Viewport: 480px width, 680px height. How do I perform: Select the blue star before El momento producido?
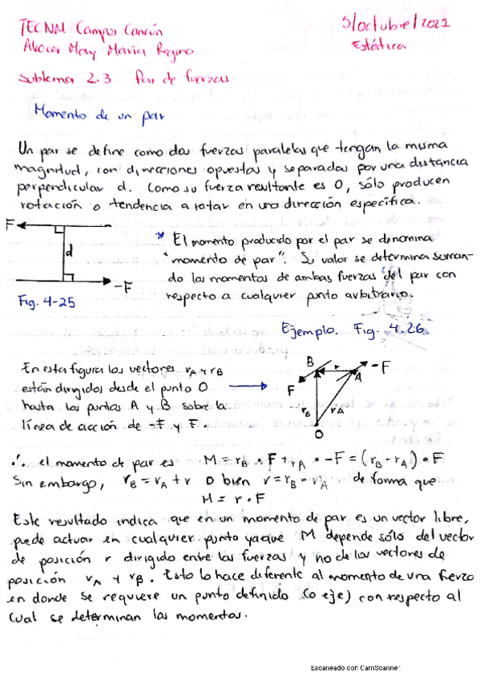(161, 237)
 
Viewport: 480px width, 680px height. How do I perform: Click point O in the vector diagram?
(319, 435)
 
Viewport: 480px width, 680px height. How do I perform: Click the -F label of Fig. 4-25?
(122, 285)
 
